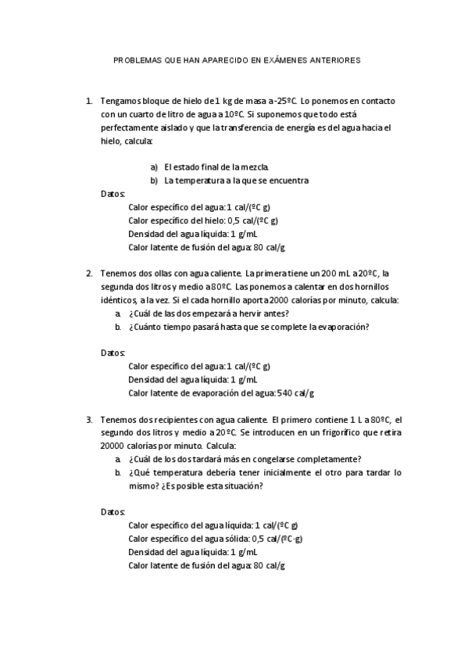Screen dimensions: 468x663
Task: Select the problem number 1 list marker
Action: point(88,101)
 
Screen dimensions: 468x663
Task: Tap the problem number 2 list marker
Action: point(88,274)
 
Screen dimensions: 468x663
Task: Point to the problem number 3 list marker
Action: point(88,419)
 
